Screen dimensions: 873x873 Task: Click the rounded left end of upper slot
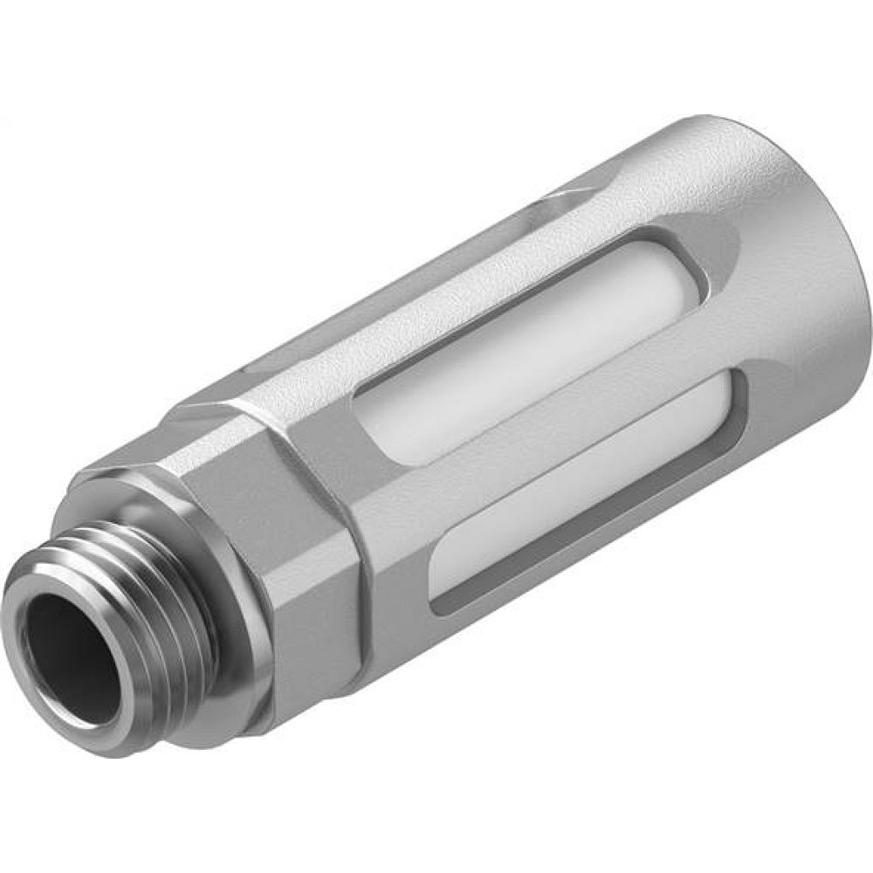coord(367,419)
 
